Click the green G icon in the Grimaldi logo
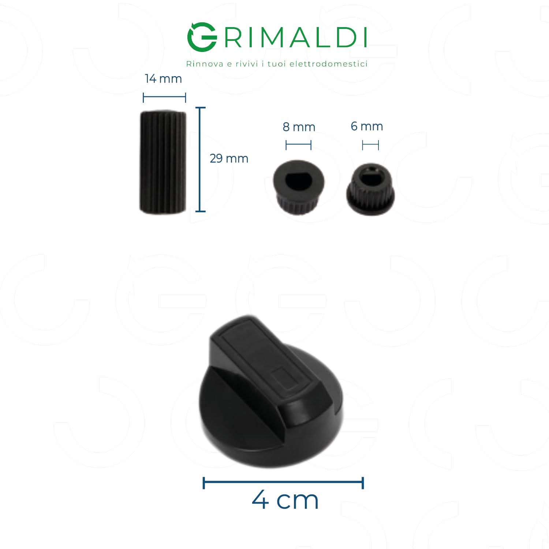click(202, 37)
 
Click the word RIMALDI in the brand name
click(295, 37)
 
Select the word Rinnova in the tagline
click(205, 64)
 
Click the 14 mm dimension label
click(163, 79)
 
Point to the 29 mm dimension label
click(229, 158)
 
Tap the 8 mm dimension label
click(299, 127)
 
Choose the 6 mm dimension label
click(367, 126)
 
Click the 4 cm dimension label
click(285, 500)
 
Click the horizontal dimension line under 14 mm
click(164, 97)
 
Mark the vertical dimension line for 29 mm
click(200, 159)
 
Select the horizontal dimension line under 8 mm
click(298, 145)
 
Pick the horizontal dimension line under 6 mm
click(370, 145)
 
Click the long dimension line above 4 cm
click(283, 483)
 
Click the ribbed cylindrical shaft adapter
click(163, 162)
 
